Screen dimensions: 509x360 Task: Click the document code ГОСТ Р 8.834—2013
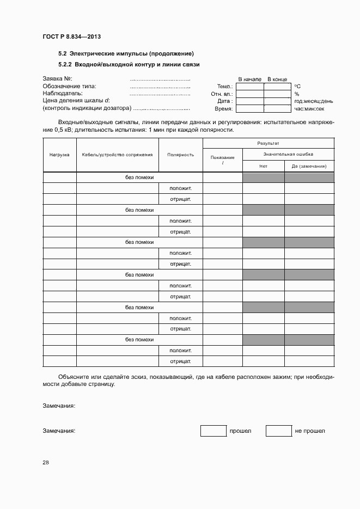(x=71, y=36)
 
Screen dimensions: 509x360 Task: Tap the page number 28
(x=46, y=463)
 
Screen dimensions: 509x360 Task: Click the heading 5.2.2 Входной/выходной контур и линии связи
(x=129, y=64)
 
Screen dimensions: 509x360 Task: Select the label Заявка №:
(x=58, y=79)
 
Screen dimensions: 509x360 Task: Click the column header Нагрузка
(x=59, y=155)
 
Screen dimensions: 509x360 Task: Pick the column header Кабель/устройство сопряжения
(x=117, y=155)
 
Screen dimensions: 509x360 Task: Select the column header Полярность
(x=180, y=155)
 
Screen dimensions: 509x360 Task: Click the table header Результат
(x=268, y=143)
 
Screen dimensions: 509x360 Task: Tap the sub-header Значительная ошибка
(x=288, y=154)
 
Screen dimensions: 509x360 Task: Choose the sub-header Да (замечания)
(x=309, y=166)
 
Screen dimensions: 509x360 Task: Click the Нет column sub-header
(x=263, y=166)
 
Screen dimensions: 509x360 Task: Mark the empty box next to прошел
(x=213, y=431)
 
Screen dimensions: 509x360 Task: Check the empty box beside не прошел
(x=278, y=431)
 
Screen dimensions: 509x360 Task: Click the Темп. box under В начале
(x=249, y=87)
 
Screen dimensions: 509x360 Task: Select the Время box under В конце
(x=277, y=108)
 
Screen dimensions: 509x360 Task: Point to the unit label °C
(x=297, y=87)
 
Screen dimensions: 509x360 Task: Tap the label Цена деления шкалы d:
(x=76, y=100)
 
